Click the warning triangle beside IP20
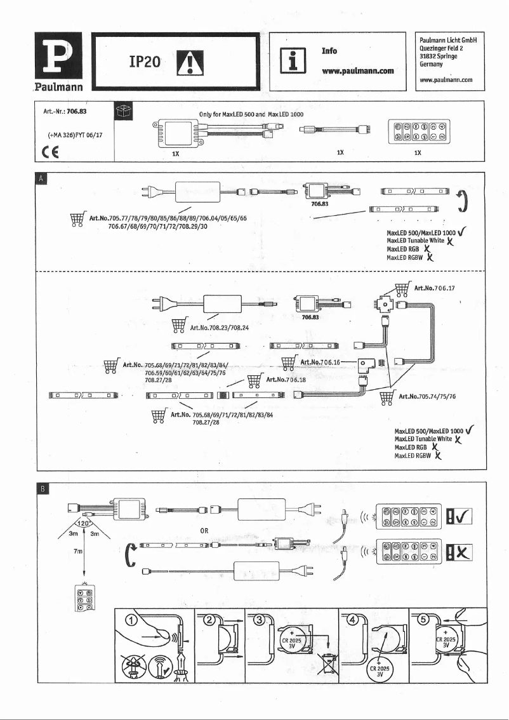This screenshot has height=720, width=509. pos(188,62)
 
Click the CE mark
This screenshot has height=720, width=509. pos(45,150)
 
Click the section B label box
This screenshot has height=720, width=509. pos(42,489)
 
